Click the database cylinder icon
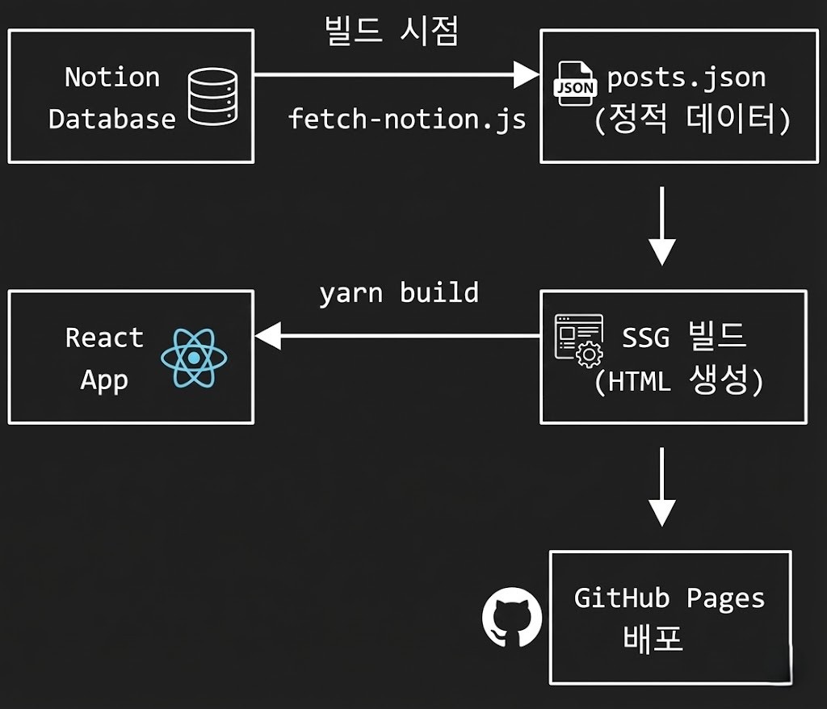click(212, 98)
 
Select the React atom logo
click(194, 356)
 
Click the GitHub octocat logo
click(511, 619)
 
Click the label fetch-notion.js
click(407, 120)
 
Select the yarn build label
click(399, 292)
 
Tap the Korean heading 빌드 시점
click(391, 32)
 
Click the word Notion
click(112, 78)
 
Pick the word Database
click(112, 119)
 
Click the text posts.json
click(686, 78)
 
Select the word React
click(104, 337)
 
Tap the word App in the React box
click(104, 379)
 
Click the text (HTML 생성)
click(678, 380)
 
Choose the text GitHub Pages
click(669, 598)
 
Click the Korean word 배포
click(653, 639)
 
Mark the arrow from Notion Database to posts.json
click(396, 76)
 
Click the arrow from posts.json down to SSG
click(661, 226)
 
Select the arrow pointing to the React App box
click(396, 336)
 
